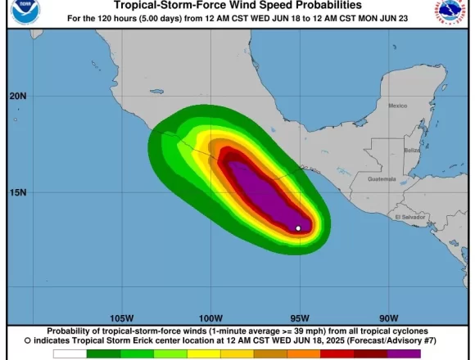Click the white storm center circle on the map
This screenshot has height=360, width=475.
[298, 228]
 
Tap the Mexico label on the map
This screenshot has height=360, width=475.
[397, 106]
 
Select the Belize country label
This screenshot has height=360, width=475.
[412, 151]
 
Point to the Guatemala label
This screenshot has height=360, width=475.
[382, 178]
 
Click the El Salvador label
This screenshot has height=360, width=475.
[409, 218]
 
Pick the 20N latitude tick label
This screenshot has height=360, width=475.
[18, 96]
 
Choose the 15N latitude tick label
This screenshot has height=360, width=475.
[18, 192]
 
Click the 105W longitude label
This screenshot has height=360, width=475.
[121, 318]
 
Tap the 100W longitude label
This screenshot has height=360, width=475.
[210, 318]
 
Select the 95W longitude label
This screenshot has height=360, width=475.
[300, 318]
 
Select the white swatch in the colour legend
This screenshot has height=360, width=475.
[70, 354]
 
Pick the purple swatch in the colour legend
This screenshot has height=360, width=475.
[404, 354]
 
